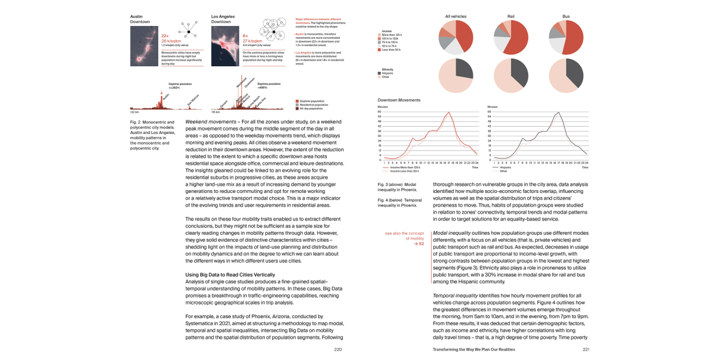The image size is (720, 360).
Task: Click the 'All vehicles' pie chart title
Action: pyautogui.click(x=456, y=16)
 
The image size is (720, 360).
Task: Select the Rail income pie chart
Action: pyautogui.click(x=511, y=37)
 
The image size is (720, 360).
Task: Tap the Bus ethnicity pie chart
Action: pyautogui.click(x=566, y=76)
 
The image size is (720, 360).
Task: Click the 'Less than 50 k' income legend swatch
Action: pyautogui.click(x=380, y=50)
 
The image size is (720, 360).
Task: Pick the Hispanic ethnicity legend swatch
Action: pyautogui.click(x=380, y=73)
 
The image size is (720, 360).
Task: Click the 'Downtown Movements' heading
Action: pyautogui.click(x=399, y=100)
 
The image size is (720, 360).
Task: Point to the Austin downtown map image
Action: pyautogui.click(x=144, y=46)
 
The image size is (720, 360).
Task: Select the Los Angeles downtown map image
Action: pyautogui.click(x=226, y=46)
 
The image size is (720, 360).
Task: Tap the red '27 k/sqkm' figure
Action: pyautogui.click(x=252, y=41)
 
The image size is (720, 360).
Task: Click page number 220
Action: pyautogui.click(x=338, y=349)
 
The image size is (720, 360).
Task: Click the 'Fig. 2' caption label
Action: pyautogui.click(x=136, y=122)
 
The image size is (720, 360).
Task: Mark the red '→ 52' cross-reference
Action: pyautogui.click(x=419, y=244)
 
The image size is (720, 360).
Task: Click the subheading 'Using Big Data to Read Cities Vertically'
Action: pyautogui.click(x=230, y=275)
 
